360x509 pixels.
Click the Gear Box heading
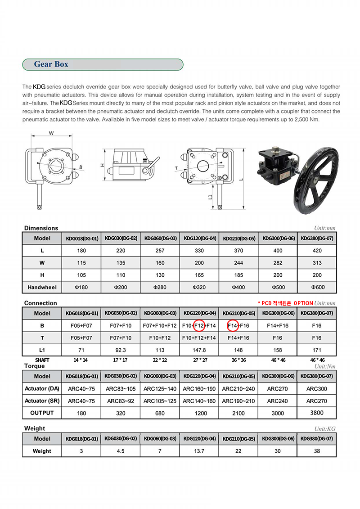click(51, 64)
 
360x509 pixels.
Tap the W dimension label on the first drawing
click(51, 133)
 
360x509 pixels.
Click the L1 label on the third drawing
click(211, 197)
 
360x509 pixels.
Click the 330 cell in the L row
click(199, 251)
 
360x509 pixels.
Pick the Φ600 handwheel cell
click(317, 287)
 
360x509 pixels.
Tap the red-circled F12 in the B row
click(199, 325)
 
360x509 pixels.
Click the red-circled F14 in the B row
click(233, 325)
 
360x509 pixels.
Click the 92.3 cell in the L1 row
click(121, 350)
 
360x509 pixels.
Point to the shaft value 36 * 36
click(238, 360)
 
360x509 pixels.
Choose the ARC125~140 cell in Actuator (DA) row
click(160, 389)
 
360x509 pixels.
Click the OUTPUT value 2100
click(238, 413)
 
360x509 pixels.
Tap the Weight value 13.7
click(199, 451)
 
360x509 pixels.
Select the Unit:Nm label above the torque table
click(325, 367)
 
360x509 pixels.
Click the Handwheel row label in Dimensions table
click(42, 287)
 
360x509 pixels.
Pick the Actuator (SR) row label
click(42, 401)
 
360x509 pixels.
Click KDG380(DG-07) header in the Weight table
click(317, 439)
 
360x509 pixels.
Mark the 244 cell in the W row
click(238, 263)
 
